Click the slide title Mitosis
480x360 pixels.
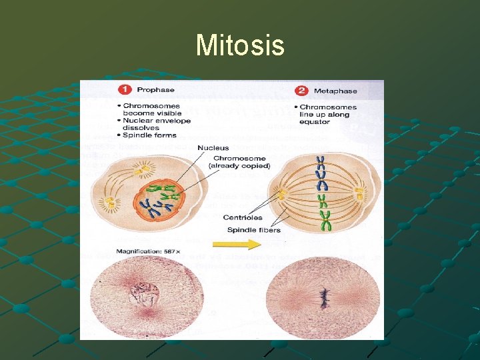[240, 46]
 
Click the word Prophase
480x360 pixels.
[155, 90]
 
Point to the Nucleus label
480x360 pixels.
[213, 147]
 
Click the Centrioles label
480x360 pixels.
[243, 217]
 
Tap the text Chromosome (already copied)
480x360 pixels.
[237, 162]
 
